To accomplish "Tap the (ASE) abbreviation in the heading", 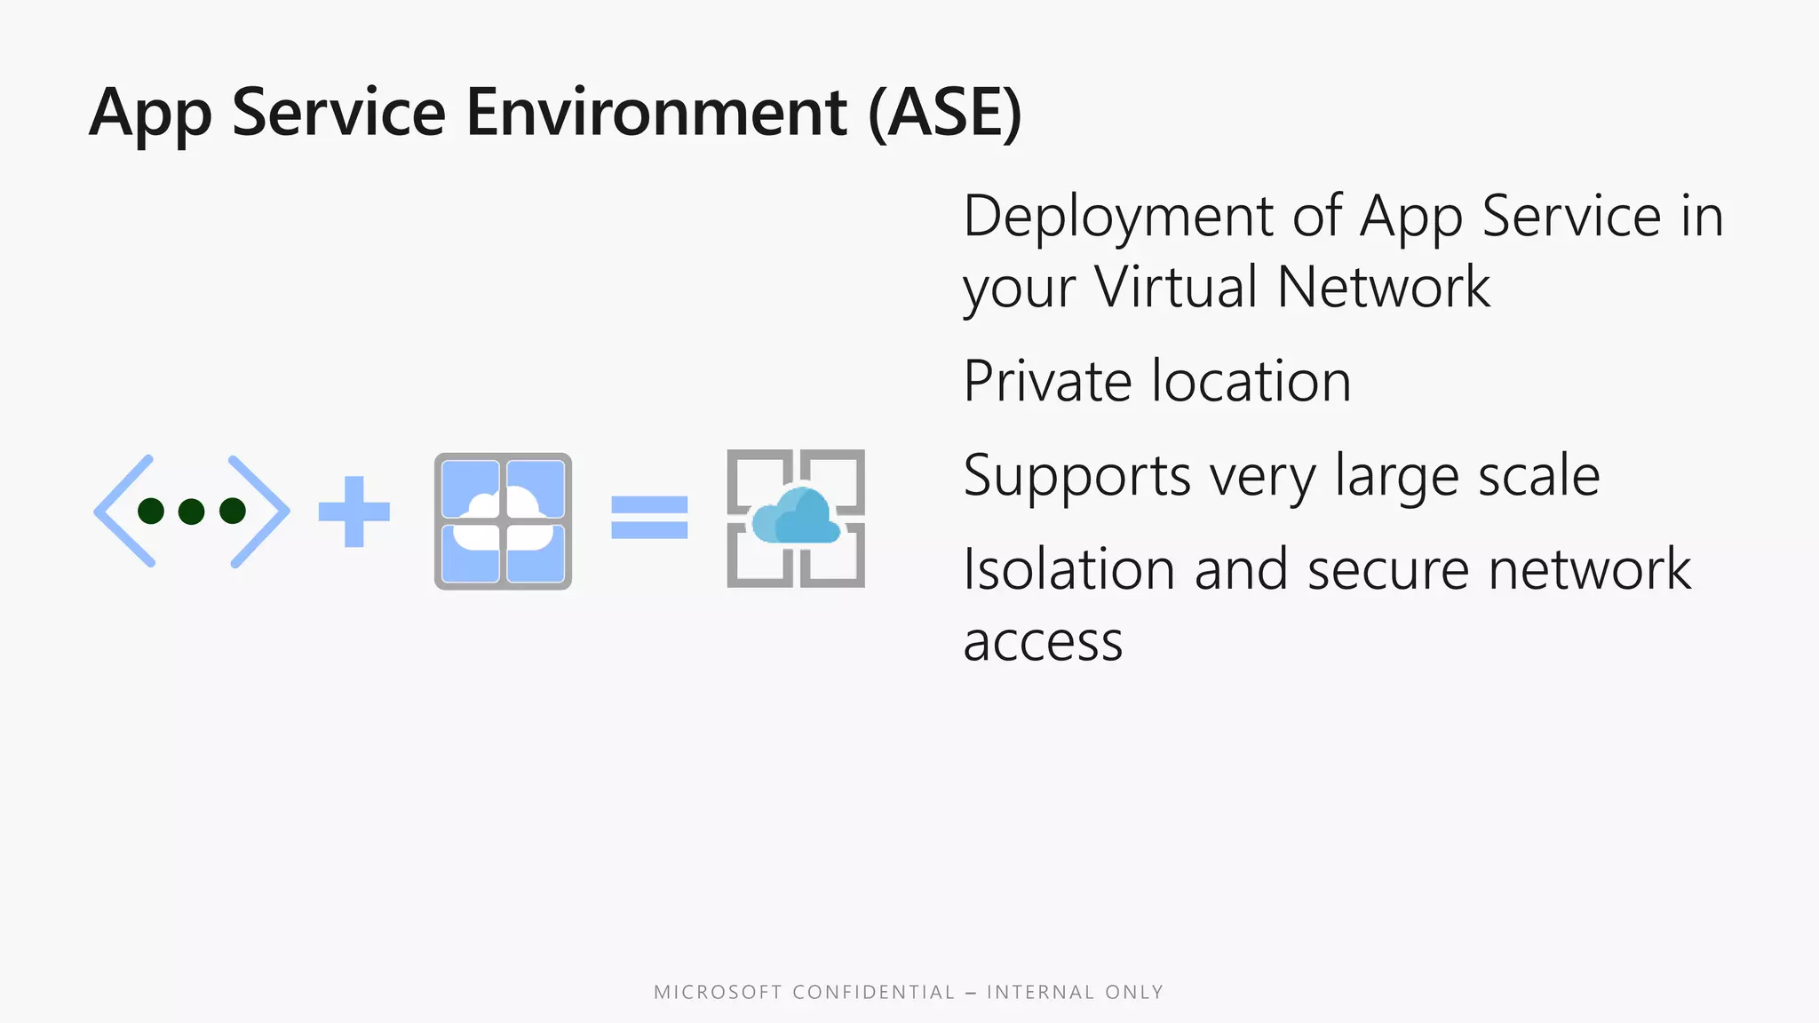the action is (944, 113).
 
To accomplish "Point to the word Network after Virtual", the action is (1383, 287).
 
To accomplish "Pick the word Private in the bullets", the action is (1045, 381).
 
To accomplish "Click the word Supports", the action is (1076, 476).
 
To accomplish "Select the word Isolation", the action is (1068, 569).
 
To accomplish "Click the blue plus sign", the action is (353, 511).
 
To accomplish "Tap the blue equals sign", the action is (649, 517).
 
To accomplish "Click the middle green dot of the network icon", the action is (191, 511).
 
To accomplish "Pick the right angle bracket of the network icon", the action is (259, 511).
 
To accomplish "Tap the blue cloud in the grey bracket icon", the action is (795, 517).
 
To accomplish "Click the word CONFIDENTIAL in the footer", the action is (873, 992).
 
